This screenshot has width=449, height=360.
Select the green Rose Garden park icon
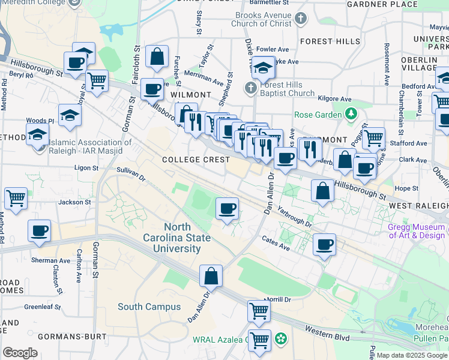(x=351, y=113)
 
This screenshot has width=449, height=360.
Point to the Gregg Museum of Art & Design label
(x=417, y=231)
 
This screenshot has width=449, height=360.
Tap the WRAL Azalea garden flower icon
(x=280, y=340)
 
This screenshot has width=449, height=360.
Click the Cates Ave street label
(x=276, y=243)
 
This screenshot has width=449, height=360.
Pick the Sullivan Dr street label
(x=131, y=174)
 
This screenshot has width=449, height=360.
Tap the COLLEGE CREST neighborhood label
(x=196, y=160)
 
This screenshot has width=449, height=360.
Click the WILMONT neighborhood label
(x=191, y=95)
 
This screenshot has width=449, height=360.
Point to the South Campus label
(x=149, y=307)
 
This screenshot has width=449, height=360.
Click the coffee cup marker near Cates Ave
(x=324, y=245)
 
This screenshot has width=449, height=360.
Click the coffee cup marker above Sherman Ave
(x=40, y=230)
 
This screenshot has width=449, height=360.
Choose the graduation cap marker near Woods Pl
(x=70, y=114)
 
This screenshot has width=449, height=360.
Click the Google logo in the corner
(x=20, y=353)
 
